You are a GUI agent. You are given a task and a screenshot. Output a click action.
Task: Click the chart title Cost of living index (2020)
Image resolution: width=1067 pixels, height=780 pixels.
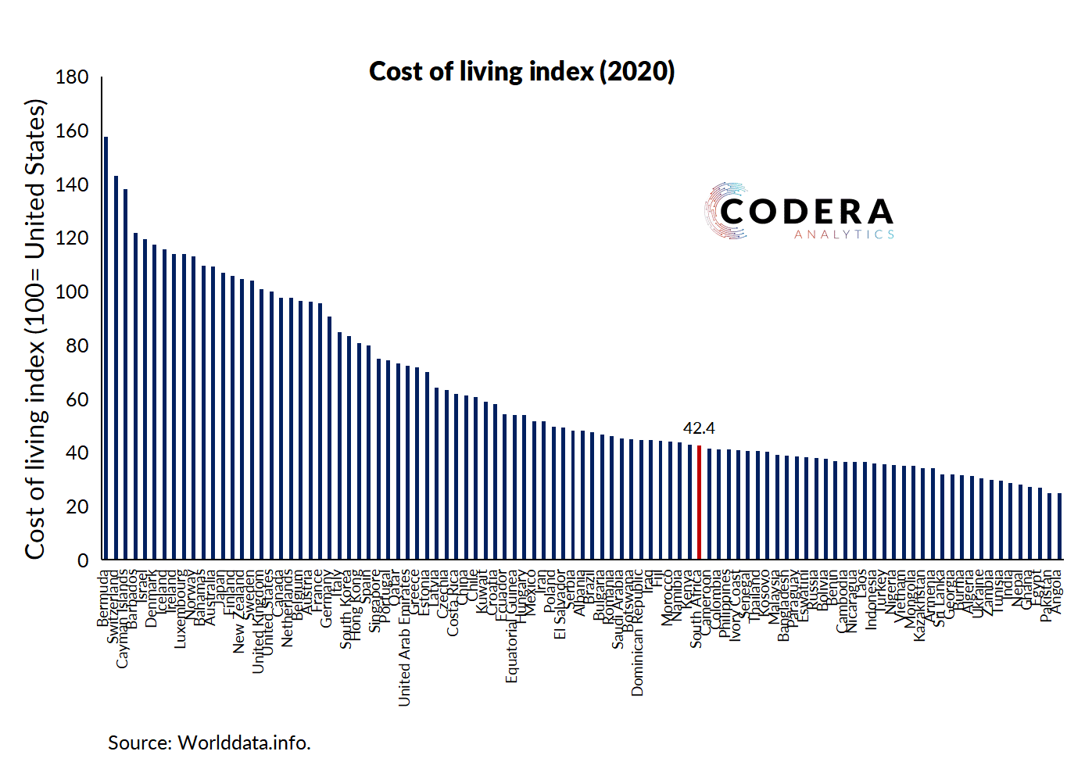521,71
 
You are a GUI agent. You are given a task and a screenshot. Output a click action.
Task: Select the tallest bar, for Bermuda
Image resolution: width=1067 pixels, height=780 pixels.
106,348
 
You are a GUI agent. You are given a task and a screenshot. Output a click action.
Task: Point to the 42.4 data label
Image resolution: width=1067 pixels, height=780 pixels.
699,428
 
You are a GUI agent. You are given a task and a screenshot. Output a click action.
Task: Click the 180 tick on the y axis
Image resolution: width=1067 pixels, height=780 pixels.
72,77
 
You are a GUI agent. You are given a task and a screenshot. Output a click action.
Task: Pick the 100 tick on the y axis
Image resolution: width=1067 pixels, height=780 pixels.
72,292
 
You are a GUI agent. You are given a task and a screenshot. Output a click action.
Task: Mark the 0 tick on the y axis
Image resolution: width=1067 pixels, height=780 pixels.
83,560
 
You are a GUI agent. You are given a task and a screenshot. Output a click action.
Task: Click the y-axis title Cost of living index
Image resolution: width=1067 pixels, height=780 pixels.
35,328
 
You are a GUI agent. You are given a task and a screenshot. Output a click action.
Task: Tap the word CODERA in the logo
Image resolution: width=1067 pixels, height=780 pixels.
806,212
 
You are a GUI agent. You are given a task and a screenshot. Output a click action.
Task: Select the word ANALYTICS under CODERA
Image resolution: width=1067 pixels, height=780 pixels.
844,234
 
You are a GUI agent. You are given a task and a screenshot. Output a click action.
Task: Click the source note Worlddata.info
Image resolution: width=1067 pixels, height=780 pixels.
209,742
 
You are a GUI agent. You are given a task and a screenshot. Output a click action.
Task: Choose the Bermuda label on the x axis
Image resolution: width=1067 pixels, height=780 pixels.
103,599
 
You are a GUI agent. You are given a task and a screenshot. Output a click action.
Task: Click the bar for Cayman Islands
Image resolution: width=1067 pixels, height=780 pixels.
125,374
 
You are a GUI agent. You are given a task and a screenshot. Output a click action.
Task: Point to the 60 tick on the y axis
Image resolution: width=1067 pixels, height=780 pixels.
77,399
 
